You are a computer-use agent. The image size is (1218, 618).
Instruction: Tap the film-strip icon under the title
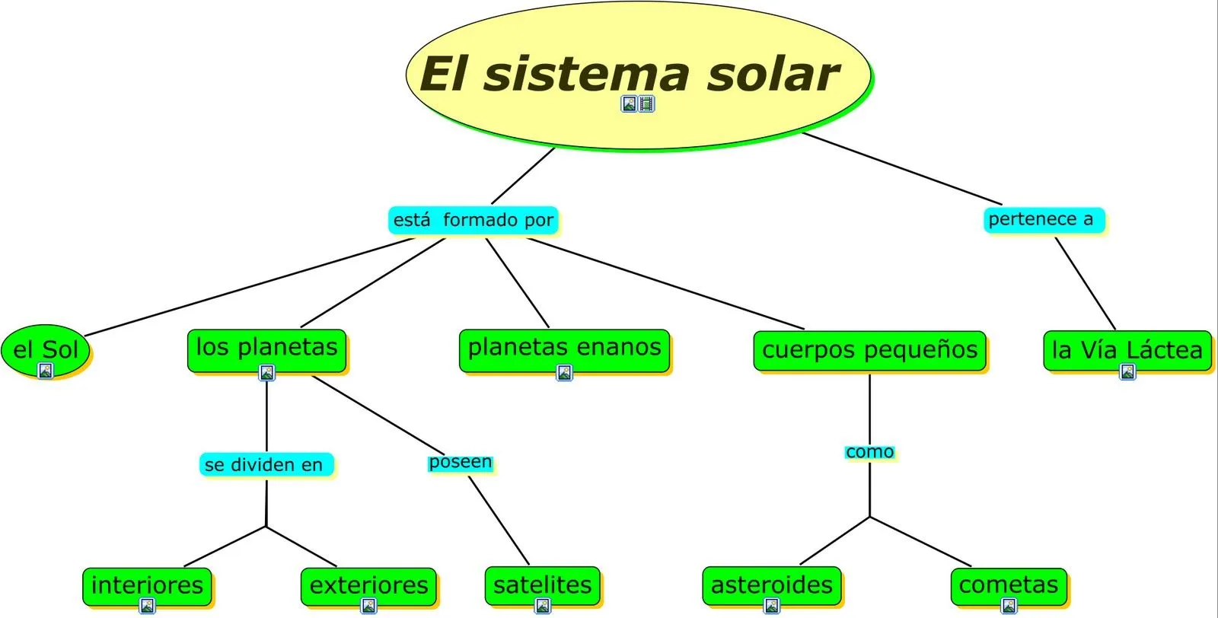(x=646, y=104)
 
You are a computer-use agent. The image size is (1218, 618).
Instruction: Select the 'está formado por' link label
(x=473, y=221)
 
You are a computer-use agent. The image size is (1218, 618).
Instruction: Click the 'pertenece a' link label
(x=1041, y=220)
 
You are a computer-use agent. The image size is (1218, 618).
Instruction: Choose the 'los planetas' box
(x=266, y=347)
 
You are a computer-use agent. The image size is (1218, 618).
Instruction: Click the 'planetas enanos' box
(x=564, y=347)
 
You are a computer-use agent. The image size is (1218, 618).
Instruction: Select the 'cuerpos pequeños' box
(x=869, y=350)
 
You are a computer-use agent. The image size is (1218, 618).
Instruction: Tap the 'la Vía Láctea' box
(x=1127, y=349)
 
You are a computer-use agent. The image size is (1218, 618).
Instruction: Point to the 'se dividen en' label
(x=264, y=464)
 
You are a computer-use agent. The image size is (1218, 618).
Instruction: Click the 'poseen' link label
(x=460, y=462)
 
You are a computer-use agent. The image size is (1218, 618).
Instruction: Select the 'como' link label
(x=869, y=452)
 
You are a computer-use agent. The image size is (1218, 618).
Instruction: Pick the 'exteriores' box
(x=368, y=585)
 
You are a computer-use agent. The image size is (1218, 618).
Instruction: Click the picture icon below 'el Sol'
(x=46, y=371)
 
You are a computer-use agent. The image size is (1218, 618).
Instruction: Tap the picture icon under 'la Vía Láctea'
(x=1127, y=372)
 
